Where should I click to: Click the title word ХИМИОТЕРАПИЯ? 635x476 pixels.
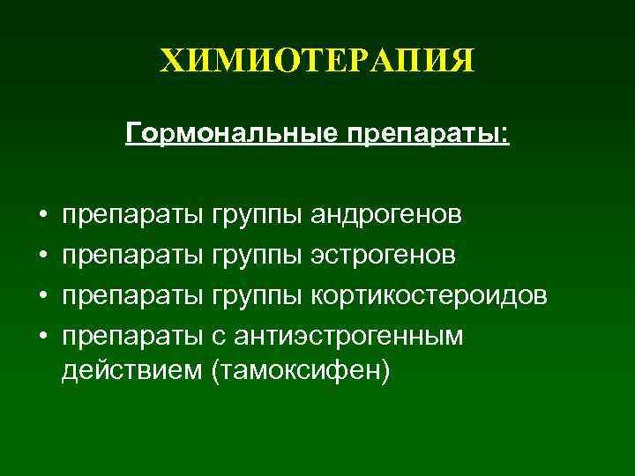(x=317, y=62)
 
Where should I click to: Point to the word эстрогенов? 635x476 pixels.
(x=383, y=255)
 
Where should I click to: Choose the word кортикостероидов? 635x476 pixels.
(x=429, y=295)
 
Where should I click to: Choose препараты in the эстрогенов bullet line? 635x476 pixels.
(x=133, y=257)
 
